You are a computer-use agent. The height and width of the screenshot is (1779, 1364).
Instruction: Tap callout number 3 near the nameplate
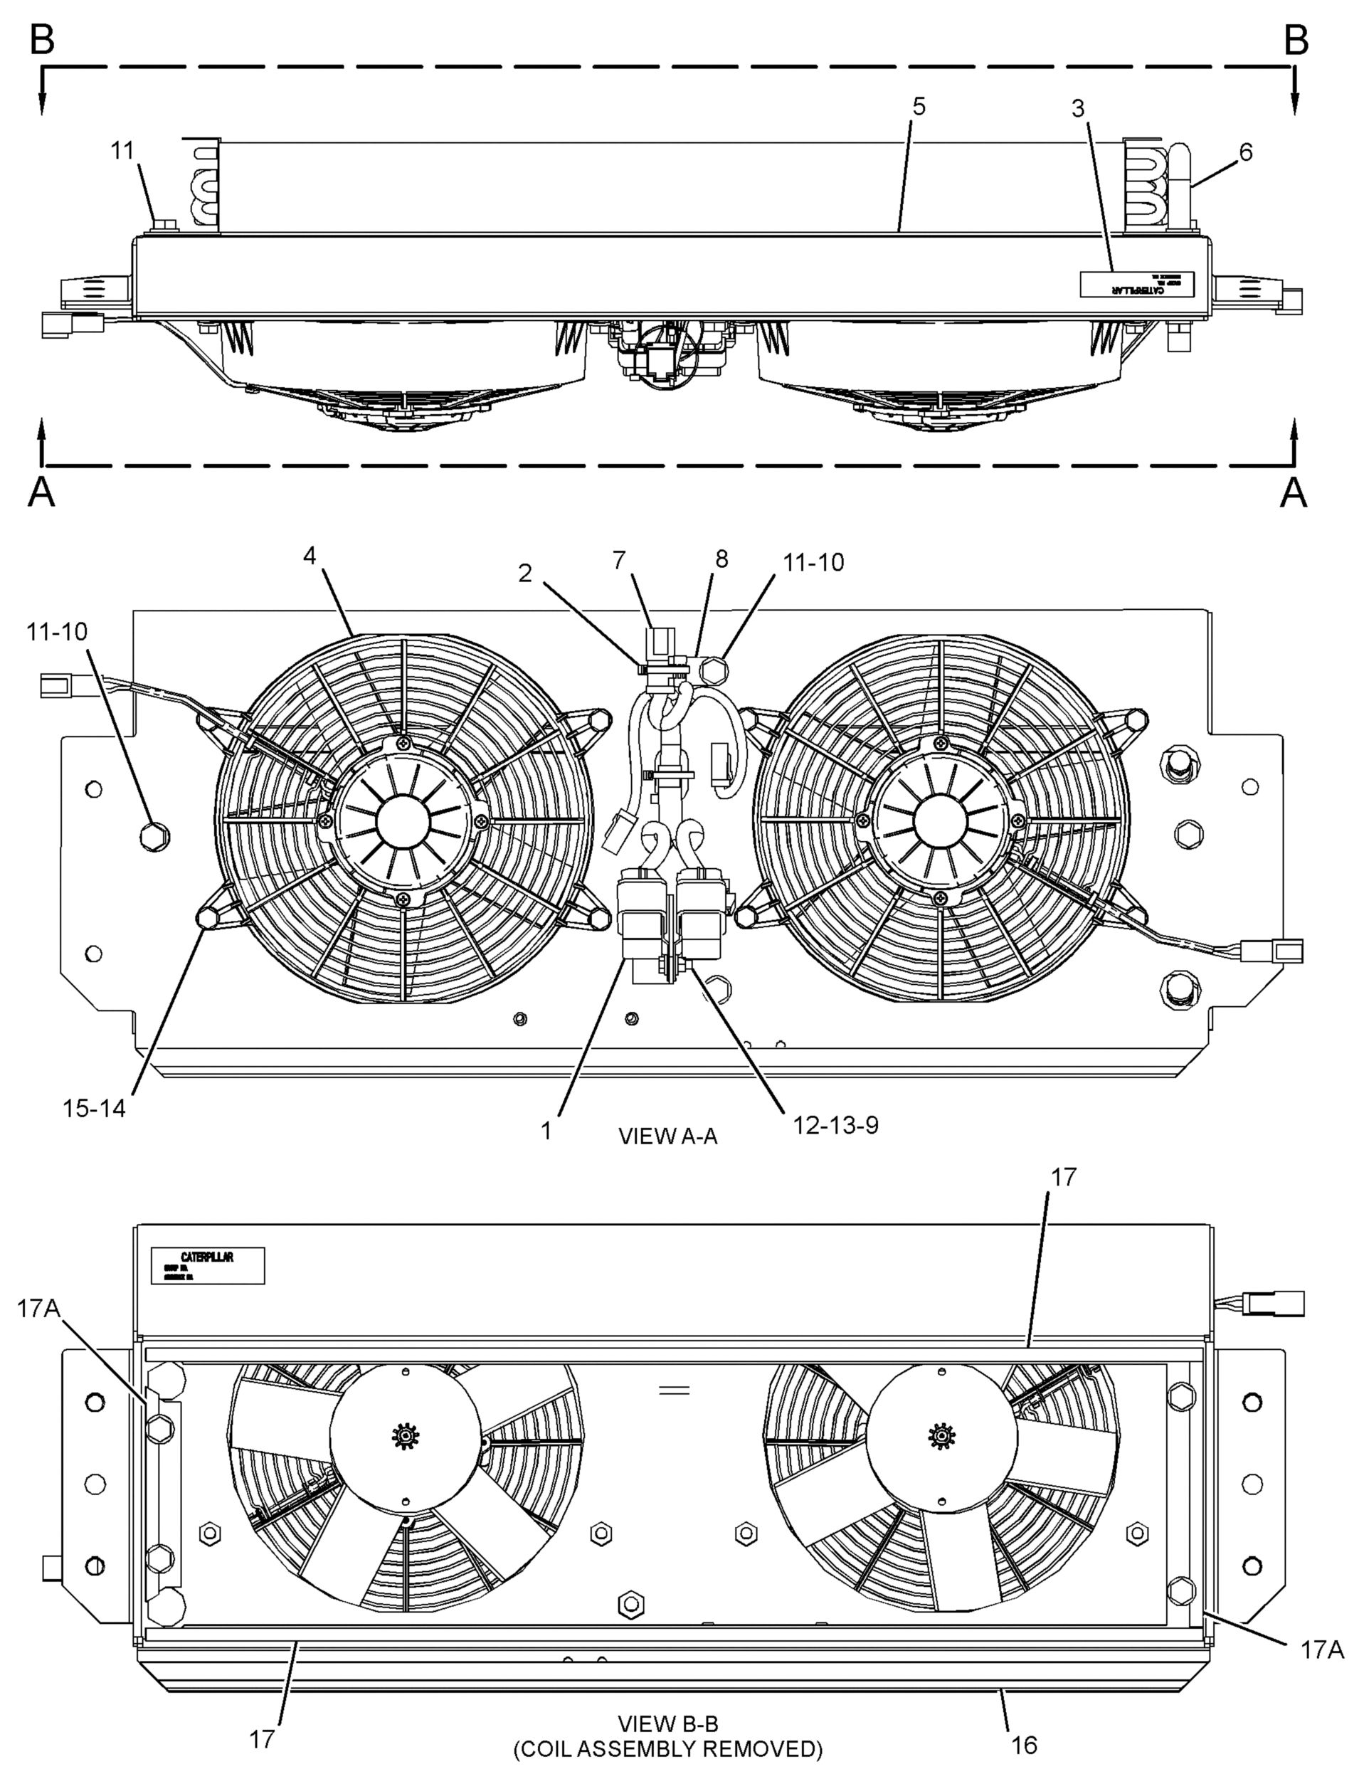(x=1077, y=109)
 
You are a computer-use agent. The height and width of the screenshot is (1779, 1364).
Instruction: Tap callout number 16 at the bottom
(x=1025, y=1744)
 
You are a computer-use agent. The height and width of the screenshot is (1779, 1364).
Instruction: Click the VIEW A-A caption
(x=667, y=1136)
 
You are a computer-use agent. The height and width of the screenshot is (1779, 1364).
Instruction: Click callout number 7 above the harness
(x=618, y=559)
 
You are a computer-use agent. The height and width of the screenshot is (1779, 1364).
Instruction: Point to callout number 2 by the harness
(x=525, y=574)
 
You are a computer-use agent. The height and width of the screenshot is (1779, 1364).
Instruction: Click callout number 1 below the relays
(x=546, y=1130)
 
